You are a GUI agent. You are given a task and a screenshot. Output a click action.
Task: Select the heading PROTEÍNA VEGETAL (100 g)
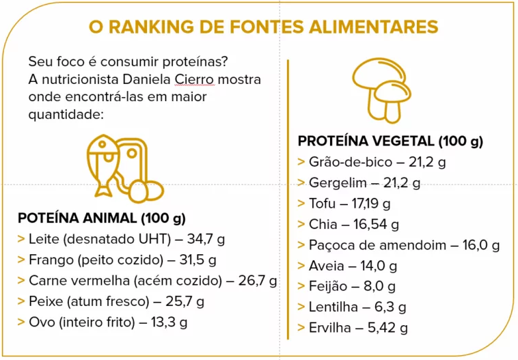pos(390,141)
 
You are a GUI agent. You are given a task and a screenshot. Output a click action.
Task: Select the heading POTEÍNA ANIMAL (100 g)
pos(101,219)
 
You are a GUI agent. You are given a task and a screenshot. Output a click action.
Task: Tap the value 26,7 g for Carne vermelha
pos(258,280)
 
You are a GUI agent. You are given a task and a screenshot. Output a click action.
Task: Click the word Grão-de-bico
pos(346,163)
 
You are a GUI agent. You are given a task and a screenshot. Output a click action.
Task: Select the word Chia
pos(323,224)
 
